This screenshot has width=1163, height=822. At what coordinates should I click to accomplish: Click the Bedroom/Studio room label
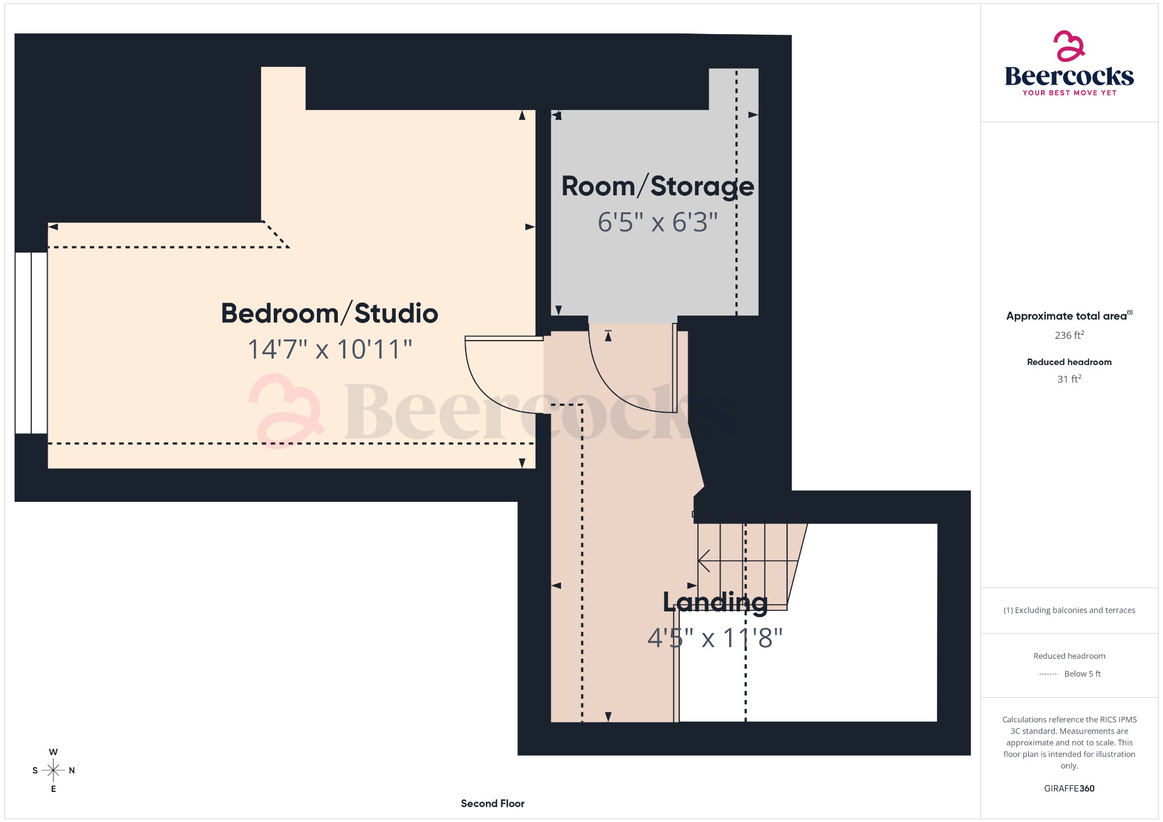[x=329, y=313]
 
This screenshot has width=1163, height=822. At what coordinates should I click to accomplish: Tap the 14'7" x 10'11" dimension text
[x=330, y=349]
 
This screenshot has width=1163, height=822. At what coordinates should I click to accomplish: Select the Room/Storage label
[x=658, y=187]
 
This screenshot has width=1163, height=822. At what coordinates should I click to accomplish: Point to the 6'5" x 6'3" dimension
[x=658, y=222]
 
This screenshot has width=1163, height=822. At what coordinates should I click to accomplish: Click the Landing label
[x=715, y=602]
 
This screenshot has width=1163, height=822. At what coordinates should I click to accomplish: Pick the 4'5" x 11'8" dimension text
[x=715, y=638]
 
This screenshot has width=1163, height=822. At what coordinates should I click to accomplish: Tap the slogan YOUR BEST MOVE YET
[x=1069, y=93]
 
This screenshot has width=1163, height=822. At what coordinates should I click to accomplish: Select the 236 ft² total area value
[x=1069, y=335]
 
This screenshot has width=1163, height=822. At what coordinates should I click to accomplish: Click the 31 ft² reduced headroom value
[x=1069, y=379]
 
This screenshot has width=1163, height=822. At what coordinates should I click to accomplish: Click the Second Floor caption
[x=492, y=803]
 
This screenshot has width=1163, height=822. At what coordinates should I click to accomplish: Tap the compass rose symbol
[x=53, y=770]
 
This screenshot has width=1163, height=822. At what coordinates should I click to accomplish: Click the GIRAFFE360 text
[x=1069, y=789]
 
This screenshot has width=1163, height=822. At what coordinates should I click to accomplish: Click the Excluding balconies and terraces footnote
[x=1069, y=610]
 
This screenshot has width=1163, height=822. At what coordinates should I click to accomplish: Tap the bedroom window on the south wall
[x=31, y=343]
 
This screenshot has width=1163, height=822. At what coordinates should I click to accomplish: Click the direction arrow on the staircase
[x=704, y=561]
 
